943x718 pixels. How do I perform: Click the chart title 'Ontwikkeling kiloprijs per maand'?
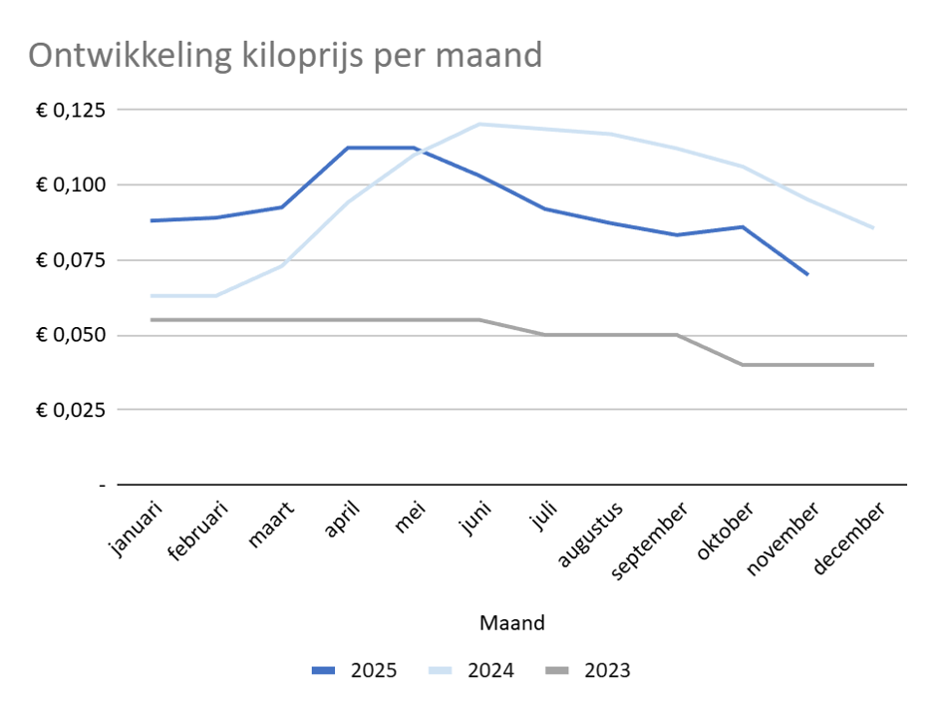tap(285, 55)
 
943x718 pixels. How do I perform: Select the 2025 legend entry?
tap(354, 670)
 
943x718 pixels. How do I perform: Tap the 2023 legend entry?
tap(587, 670)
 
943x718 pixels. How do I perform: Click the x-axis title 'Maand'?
tap(511, 623)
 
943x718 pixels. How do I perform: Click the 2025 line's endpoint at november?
tap(807, 274)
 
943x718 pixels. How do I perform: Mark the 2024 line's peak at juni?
tap(479, 125)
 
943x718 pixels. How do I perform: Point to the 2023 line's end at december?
tap(873, 365)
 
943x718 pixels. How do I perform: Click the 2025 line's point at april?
tap(348, 148)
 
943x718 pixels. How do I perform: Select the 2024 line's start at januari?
tap(151, 295)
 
